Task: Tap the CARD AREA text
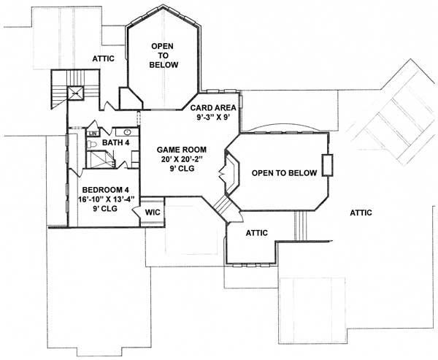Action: pos(212,107)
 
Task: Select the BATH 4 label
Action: pos(115,142)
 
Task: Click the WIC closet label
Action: pos(153,212)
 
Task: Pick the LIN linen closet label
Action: pos(93,134)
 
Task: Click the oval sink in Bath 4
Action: pos(126,133)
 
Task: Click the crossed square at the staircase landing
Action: pos(74,93)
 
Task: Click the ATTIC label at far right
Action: pos(361,212)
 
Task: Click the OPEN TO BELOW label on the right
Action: pos(284,173)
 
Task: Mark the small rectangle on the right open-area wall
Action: pos(327,166)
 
